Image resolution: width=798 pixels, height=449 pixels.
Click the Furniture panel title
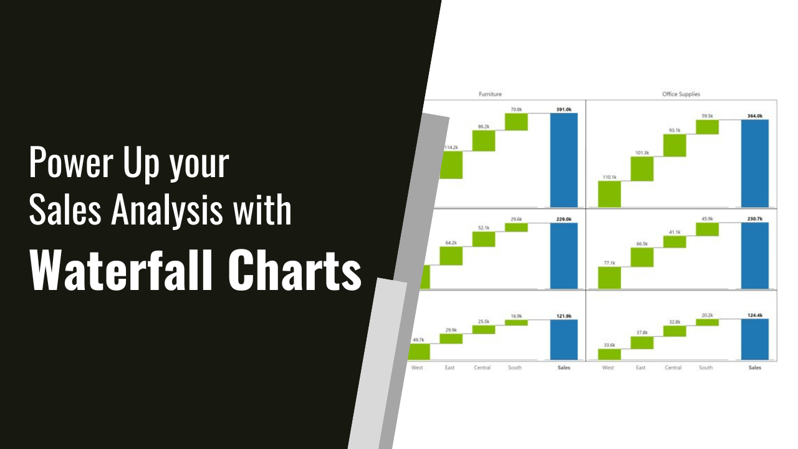pyautogui.click(x=490, y=94)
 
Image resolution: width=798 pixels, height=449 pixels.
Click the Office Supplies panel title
pyautogui.click(x=681, y=94)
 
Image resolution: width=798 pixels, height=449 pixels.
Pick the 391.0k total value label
pyautogui.click(x=564, y=110)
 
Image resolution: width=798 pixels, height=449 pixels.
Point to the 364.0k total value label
pyautogui.click(x=755, y=115)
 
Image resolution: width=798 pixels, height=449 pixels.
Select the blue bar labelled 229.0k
pyautogui.click(x=564, y=256)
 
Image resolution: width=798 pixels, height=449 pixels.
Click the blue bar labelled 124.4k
pyautogui.click(x=755, y=340)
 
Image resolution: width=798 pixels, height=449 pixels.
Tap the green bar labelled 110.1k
pyautogui.click(x=609, y=194)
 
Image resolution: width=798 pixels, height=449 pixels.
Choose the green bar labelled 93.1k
pyautogui.click(x=675, y=145)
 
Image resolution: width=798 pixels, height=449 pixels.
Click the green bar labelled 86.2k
pyautogui.click(x=483, y=141)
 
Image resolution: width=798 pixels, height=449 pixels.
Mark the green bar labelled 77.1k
pyautogui.click(x=609, y=278)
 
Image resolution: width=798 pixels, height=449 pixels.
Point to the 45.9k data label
pyautogui.click(x=707, y=218)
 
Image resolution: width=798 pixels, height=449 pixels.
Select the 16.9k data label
pyautogui.click(x=515, y=316)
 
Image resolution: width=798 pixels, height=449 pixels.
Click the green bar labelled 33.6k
pyautogui.click(x=609, y=354)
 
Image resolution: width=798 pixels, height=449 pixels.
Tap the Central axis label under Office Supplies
pyautogui.click(x=673, y=367)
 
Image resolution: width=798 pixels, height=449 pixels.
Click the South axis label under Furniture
pyautogui.click(x=515, y=367)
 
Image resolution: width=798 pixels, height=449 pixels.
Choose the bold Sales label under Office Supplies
pyautogui.click(x=755, y=367)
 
